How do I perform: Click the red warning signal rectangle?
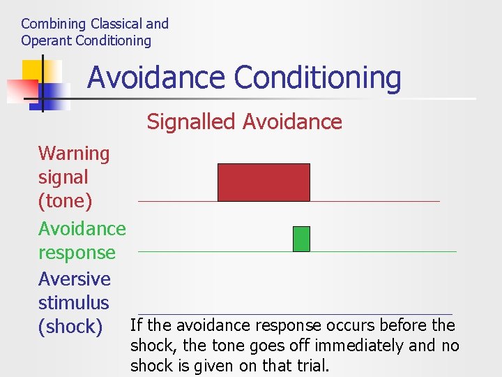pyautogui.click(x=264, y=182)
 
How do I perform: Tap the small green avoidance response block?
pyautogui.click(x=301, y=239)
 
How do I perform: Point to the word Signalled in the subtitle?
pyautogui.click(x=190, y=122)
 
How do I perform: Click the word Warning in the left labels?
pyautogui.click(x=74, y=154)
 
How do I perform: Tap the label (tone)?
pyautogui.click(x=65, y=201)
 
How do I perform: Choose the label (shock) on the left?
pyautogui.click(x=70, y=327)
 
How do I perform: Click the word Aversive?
pyautogui.click(x=75, y=279)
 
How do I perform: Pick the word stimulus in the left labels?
pyautogui.click(x=74, y=303)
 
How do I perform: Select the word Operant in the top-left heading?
pyautogui.click(x=46, y=40)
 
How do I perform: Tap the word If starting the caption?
pyautogui.click(x=136, y=325)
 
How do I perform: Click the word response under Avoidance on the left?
pyautogui.click(x=77, y=253)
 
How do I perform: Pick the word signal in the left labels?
pyautogui.click(x=63, y=177)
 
